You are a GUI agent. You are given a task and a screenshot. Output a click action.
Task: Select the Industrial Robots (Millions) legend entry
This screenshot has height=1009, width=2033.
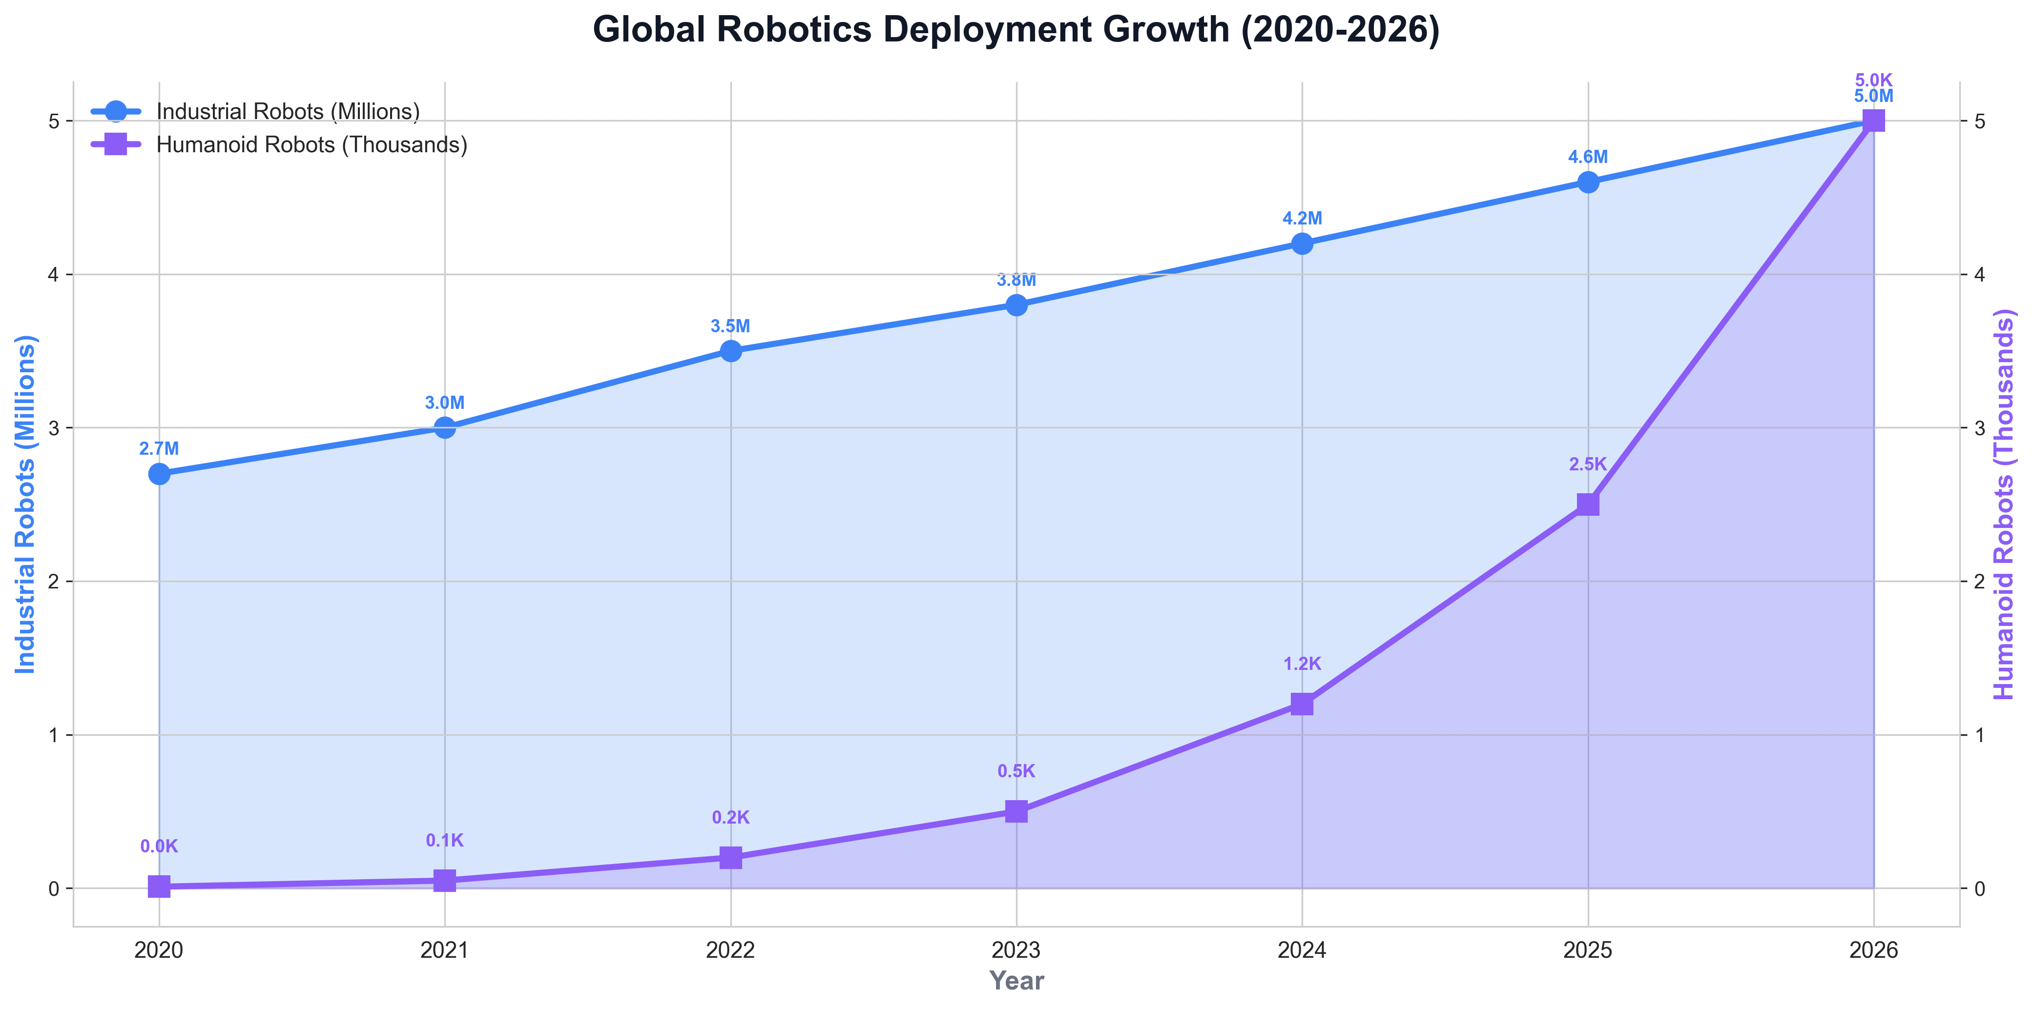click(287, 111)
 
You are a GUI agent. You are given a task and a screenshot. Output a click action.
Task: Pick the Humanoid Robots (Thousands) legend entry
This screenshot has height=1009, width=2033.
click(311, 145)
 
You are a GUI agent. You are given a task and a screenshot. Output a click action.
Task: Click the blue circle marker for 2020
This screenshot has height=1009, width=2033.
click(160, 473)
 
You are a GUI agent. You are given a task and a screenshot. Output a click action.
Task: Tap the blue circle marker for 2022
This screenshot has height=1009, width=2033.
click(731, 351)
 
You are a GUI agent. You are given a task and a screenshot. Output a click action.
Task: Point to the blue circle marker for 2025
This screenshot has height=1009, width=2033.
click(1588, 182)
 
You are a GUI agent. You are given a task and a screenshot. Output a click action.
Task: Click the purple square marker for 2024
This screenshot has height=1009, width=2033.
click(1302, 704)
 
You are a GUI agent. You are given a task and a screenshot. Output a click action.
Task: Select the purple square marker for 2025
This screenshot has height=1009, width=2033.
click(1588, 504)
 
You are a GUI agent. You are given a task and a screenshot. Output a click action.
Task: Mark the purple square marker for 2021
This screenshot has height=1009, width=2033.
click(445, 880)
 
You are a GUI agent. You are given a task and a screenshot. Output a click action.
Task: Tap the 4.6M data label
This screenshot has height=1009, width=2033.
click(1588, 158)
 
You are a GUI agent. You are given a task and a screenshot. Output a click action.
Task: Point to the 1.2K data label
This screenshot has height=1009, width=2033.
click(1302, 664)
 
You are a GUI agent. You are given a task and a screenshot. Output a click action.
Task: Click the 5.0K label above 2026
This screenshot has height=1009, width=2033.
click(1873, 81)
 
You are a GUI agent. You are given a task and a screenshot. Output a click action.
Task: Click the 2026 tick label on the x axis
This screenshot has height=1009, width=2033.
click(1873, 950)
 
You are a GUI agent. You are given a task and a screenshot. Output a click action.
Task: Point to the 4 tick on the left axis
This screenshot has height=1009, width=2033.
click(55, 275)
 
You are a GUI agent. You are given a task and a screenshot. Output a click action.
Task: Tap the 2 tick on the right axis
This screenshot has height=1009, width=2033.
click(1979, 582)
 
